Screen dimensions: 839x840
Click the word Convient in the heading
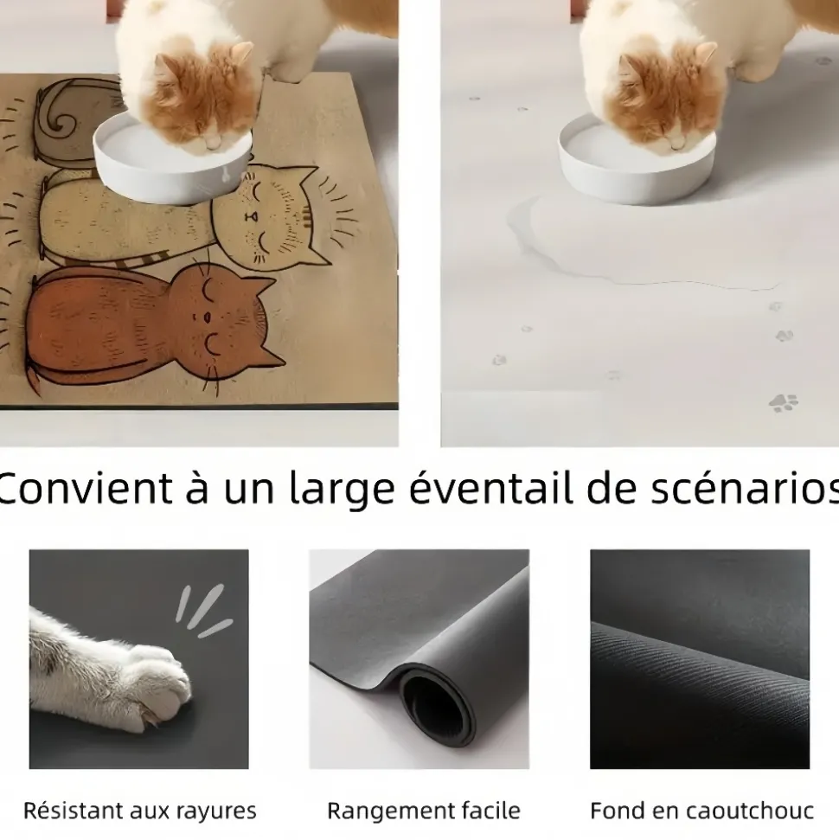86,488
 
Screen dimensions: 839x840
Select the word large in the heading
342,490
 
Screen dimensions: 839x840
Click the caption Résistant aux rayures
140,811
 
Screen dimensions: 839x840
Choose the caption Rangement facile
424,811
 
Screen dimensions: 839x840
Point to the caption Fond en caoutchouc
701,811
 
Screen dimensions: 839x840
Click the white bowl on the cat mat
172,161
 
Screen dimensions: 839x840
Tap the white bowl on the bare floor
637,161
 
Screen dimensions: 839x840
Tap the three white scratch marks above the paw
202,611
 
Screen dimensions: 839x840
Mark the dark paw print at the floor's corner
784,402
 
